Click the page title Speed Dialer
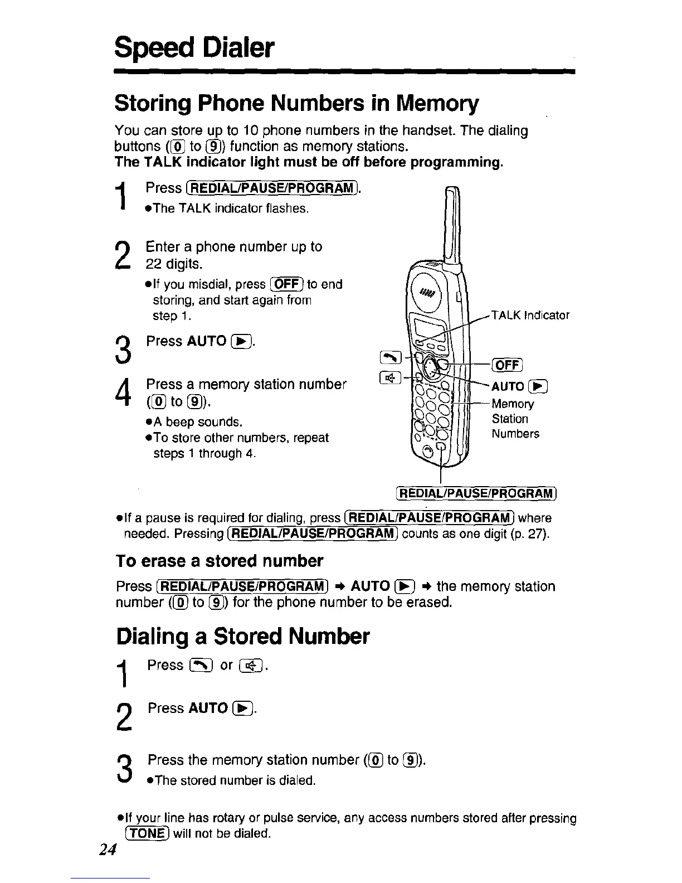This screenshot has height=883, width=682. coord(194,48)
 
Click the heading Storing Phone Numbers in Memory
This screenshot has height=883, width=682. coord(296,104)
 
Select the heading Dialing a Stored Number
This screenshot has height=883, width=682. coord(242,635)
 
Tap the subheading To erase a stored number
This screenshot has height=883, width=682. coord(219,560)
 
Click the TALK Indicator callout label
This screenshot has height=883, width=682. coord(529,316)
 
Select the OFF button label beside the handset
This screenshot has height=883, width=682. coord(506,365)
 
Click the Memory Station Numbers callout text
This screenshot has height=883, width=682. coord(515,419)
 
